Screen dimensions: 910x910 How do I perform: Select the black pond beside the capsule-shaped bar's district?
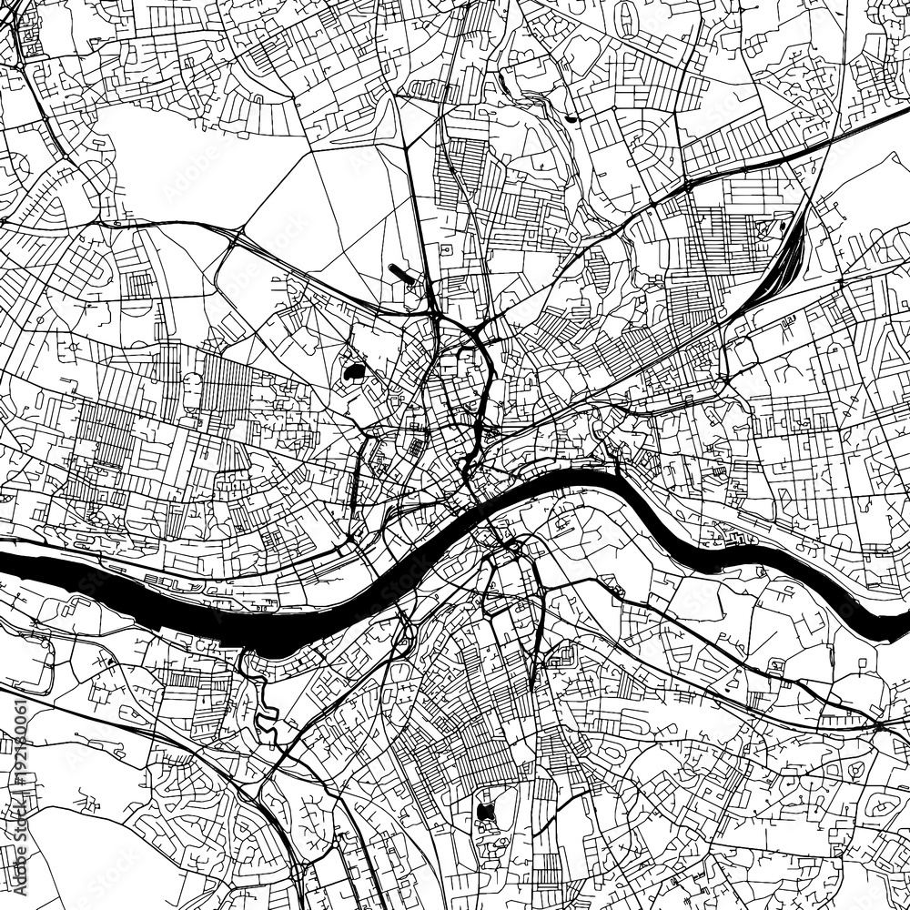353,371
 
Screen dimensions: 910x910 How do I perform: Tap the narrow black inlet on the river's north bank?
620,463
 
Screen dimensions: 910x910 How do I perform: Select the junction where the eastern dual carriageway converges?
879,723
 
